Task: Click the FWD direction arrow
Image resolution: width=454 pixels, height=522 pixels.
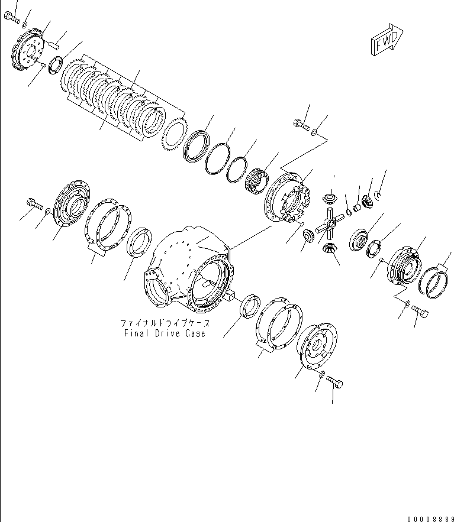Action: click(x=386, y=41)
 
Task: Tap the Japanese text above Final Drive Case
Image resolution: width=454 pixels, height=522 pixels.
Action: click(x=165, y=323)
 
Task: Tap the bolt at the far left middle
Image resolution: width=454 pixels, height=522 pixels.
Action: click(x=34, y=206)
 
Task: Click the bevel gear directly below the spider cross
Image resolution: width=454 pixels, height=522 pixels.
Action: click(x=327, y=251)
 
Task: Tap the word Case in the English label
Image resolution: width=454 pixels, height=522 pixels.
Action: click(x=195, y=333)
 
